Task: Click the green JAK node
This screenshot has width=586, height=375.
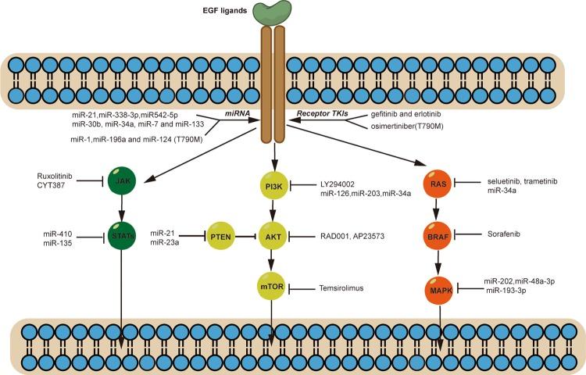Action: coord(120,184)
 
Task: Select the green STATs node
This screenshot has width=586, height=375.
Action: coord(120,234)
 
